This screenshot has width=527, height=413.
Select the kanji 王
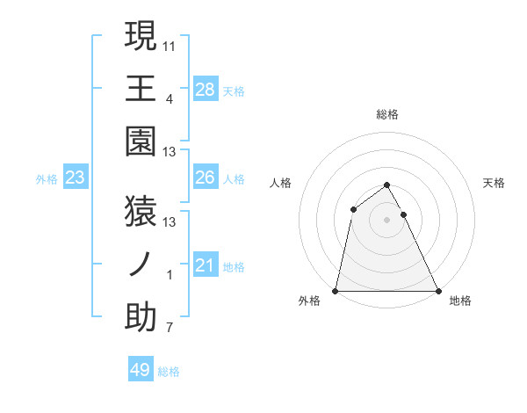pyautogui.click(x=141, y=88)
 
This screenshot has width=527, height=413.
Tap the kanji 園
pyautogui.click(x=141, y=141)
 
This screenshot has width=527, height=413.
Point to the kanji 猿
pyautogui.click(x=141, y=211)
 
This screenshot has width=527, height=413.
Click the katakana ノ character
pyautogui.click(x=141, y=264)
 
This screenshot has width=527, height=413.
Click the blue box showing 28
pyautogui.click(x=205, y=89)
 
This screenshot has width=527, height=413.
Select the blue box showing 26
pyautogui.click(x=205, y=178)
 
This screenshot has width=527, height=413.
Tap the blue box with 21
pyautogui.click(x=205, y=265)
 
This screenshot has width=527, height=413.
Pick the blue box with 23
pyautogui.click(x=75, y=178)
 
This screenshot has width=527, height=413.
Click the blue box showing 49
pyautogui.click(x=141, y=370)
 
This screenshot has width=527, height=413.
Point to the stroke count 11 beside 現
pyautogui.click(x=170, y=45)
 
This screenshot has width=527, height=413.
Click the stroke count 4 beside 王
pyautogui.click(x=170, y=98)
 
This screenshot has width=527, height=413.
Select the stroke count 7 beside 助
pyautogui.click(x=170, y=329)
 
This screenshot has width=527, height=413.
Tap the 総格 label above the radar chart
pyautogui.click(x=386, y=114)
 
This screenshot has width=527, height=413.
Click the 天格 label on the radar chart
pyautogui.click(x=495, y=183)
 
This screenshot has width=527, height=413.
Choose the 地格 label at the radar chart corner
pyautogui.click(x=460, y=301)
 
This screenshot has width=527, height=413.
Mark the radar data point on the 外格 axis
pyautogui.click(x=336, y=290)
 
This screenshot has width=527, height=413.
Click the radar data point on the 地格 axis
pyautogui.click(x=437, y=290)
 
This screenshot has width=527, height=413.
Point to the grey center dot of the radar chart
pyautogui.click(x=386, y=220)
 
